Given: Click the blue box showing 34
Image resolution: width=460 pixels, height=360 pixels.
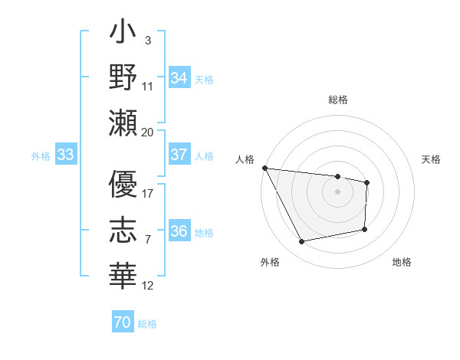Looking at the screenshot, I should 179,77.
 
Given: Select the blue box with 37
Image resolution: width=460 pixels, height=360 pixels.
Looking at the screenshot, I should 179,155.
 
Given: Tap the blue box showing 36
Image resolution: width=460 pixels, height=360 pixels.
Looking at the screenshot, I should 179,231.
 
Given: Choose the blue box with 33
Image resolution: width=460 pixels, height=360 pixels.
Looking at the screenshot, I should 66,155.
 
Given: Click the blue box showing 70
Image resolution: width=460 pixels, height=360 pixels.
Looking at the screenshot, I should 123,322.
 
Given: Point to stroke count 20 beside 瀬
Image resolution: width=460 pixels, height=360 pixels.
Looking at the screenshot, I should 148,132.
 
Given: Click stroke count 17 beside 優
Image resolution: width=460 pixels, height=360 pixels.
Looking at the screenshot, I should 148,193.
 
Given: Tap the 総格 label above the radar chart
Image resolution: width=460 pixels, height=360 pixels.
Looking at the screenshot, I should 338,100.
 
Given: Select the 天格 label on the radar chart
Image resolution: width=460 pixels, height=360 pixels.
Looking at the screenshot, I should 432,159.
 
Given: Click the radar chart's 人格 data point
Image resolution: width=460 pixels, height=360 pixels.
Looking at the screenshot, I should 264,168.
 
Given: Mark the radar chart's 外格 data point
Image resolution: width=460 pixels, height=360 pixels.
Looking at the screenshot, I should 301,242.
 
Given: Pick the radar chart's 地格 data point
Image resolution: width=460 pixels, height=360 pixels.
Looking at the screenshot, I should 365,229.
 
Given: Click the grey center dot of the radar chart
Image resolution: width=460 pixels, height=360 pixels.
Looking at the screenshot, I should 337,191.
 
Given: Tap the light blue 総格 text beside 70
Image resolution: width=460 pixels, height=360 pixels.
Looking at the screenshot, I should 148,323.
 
